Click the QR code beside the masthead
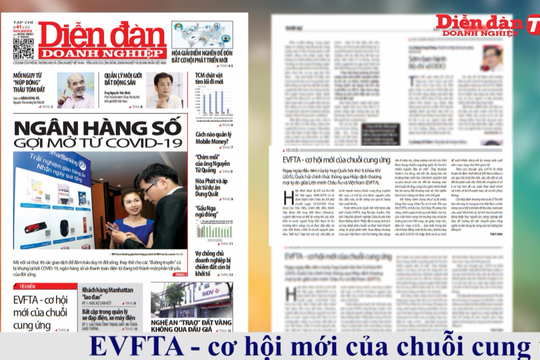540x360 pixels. (23, 43)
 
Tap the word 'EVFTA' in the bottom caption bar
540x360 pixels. (125, 346)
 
